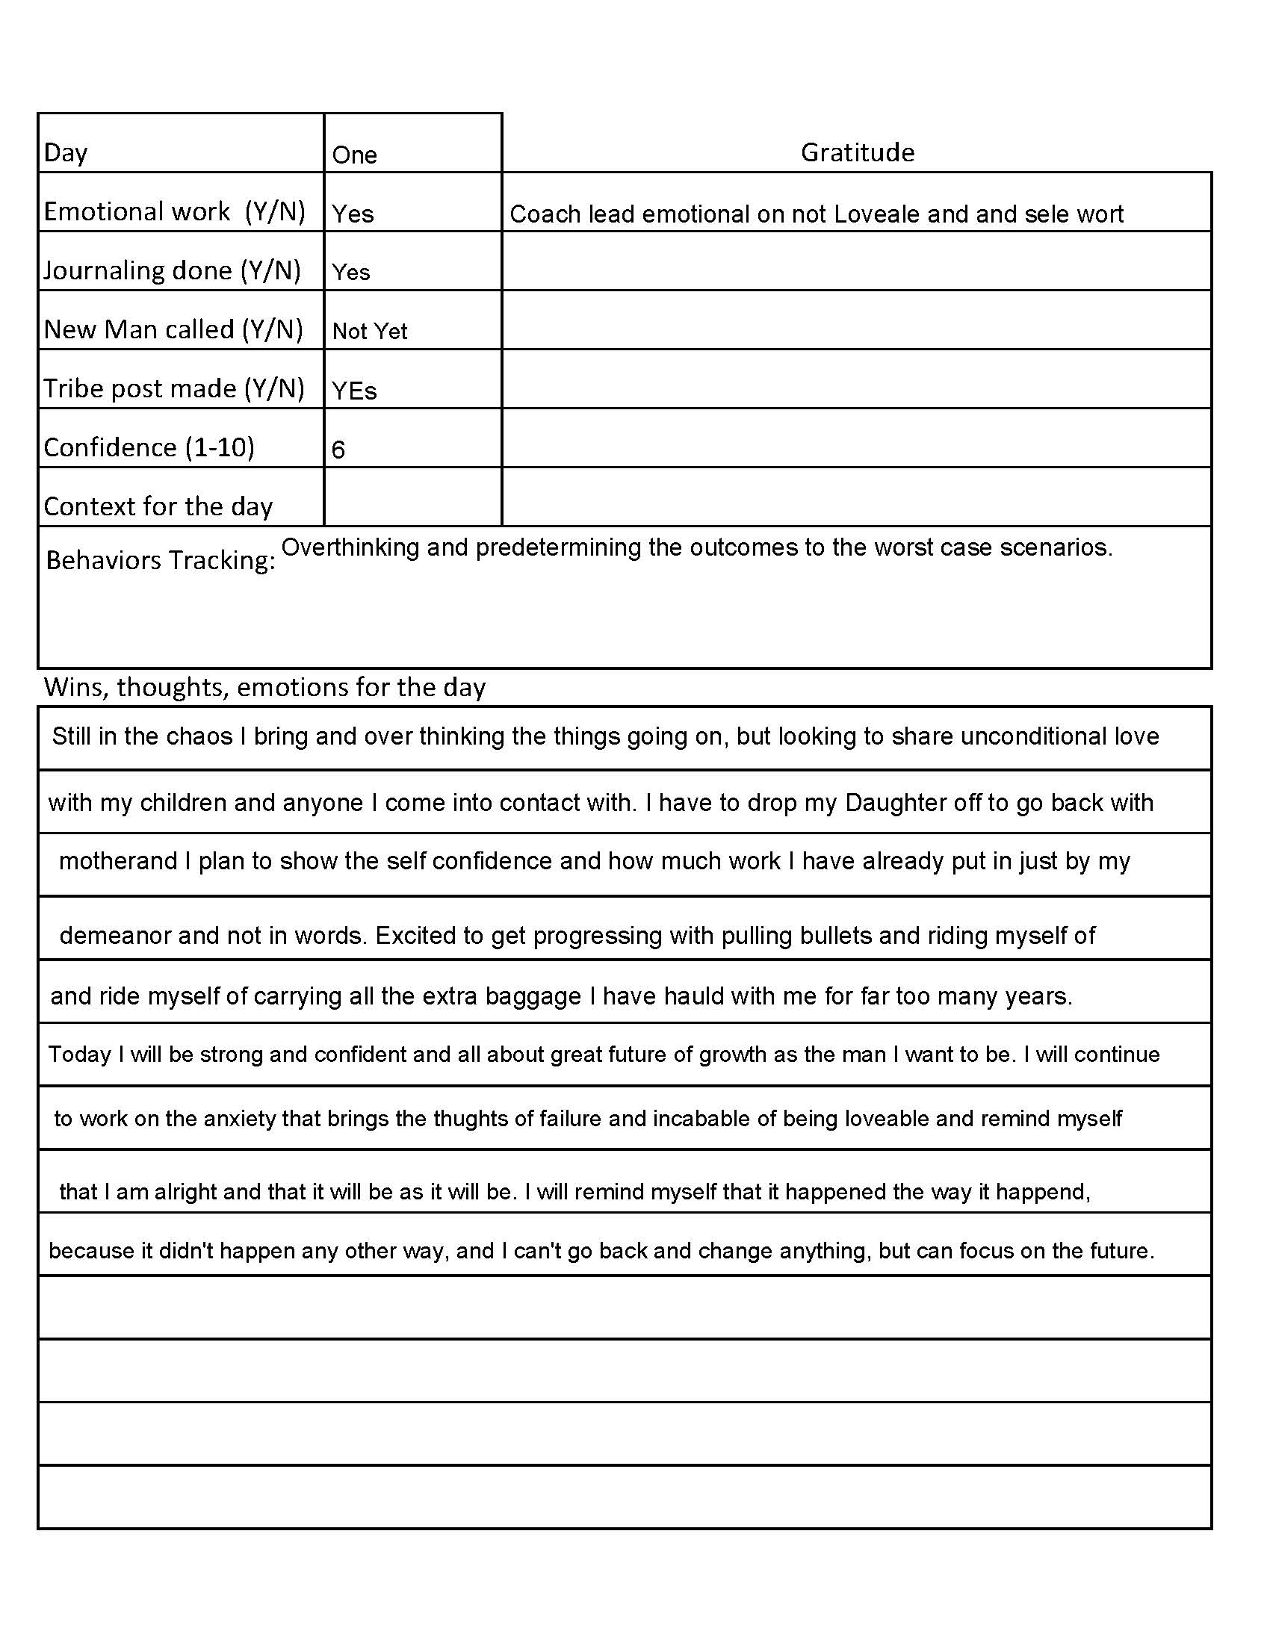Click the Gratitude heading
click(857, 152)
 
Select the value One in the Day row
click(354, 155)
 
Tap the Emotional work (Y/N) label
click(175, 211)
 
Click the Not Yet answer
click(369, 331)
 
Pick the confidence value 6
click(338, 450)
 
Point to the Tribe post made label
click(174, 388)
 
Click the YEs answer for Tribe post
click(354, 391)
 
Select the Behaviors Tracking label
click(161, 559)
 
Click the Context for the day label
click(158, 506)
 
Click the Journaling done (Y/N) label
click(173, 270)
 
